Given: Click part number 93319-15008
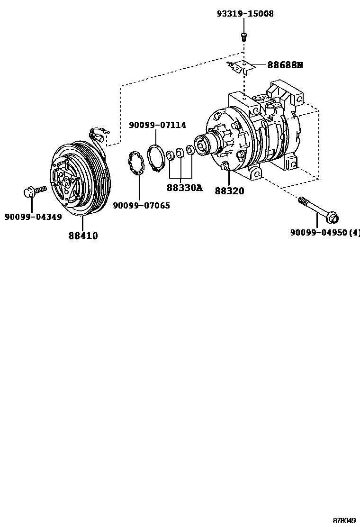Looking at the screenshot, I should [x=245, y=14].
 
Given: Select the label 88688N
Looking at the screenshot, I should [x=285, y=65].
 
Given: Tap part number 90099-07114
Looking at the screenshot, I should [x=157, y=125].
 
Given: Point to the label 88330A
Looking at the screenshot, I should [x=184, y=188].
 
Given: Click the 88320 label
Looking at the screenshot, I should [x=229, y=191].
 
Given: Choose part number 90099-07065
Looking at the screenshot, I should [x=141, y=206].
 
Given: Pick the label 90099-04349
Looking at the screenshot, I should [x=33, y=217].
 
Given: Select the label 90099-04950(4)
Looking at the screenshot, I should [x=325, y=233].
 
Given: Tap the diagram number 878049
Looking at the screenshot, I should [x=344, y=520].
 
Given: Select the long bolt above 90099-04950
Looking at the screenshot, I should [x=317, y=210].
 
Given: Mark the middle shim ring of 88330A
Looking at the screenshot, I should [x=180, y=153].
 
